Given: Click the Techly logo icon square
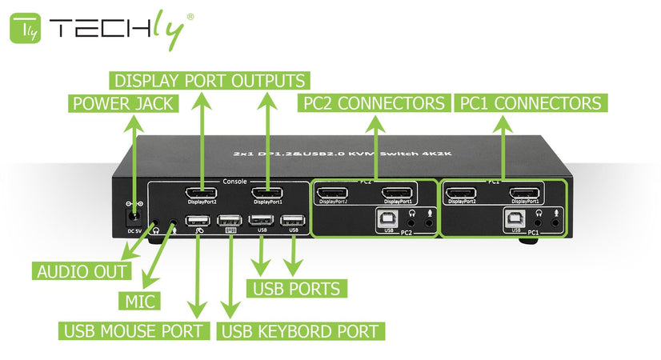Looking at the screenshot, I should click(x=25, y=29).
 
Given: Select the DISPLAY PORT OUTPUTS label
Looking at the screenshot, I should click(x=210, y=81).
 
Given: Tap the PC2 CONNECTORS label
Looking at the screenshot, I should click(x=374, y=103).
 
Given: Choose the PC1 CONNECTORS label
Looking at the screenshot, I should click(x=529, y=103).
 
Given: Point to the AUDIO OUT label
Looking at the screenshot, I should click(x=82, y=271).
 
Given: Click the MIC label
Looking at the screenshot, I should click(x=140, y=301).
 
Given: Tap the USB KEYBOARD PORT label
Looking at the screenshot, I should click(x=301, y=330).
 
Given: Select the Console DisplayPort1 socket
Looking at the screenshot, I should click(x=266, y=193).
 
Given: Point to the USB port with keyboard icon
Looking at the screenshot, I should click(x=230, y=221).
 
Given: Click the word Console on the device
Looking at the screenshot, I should click(x=234, y=181).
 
